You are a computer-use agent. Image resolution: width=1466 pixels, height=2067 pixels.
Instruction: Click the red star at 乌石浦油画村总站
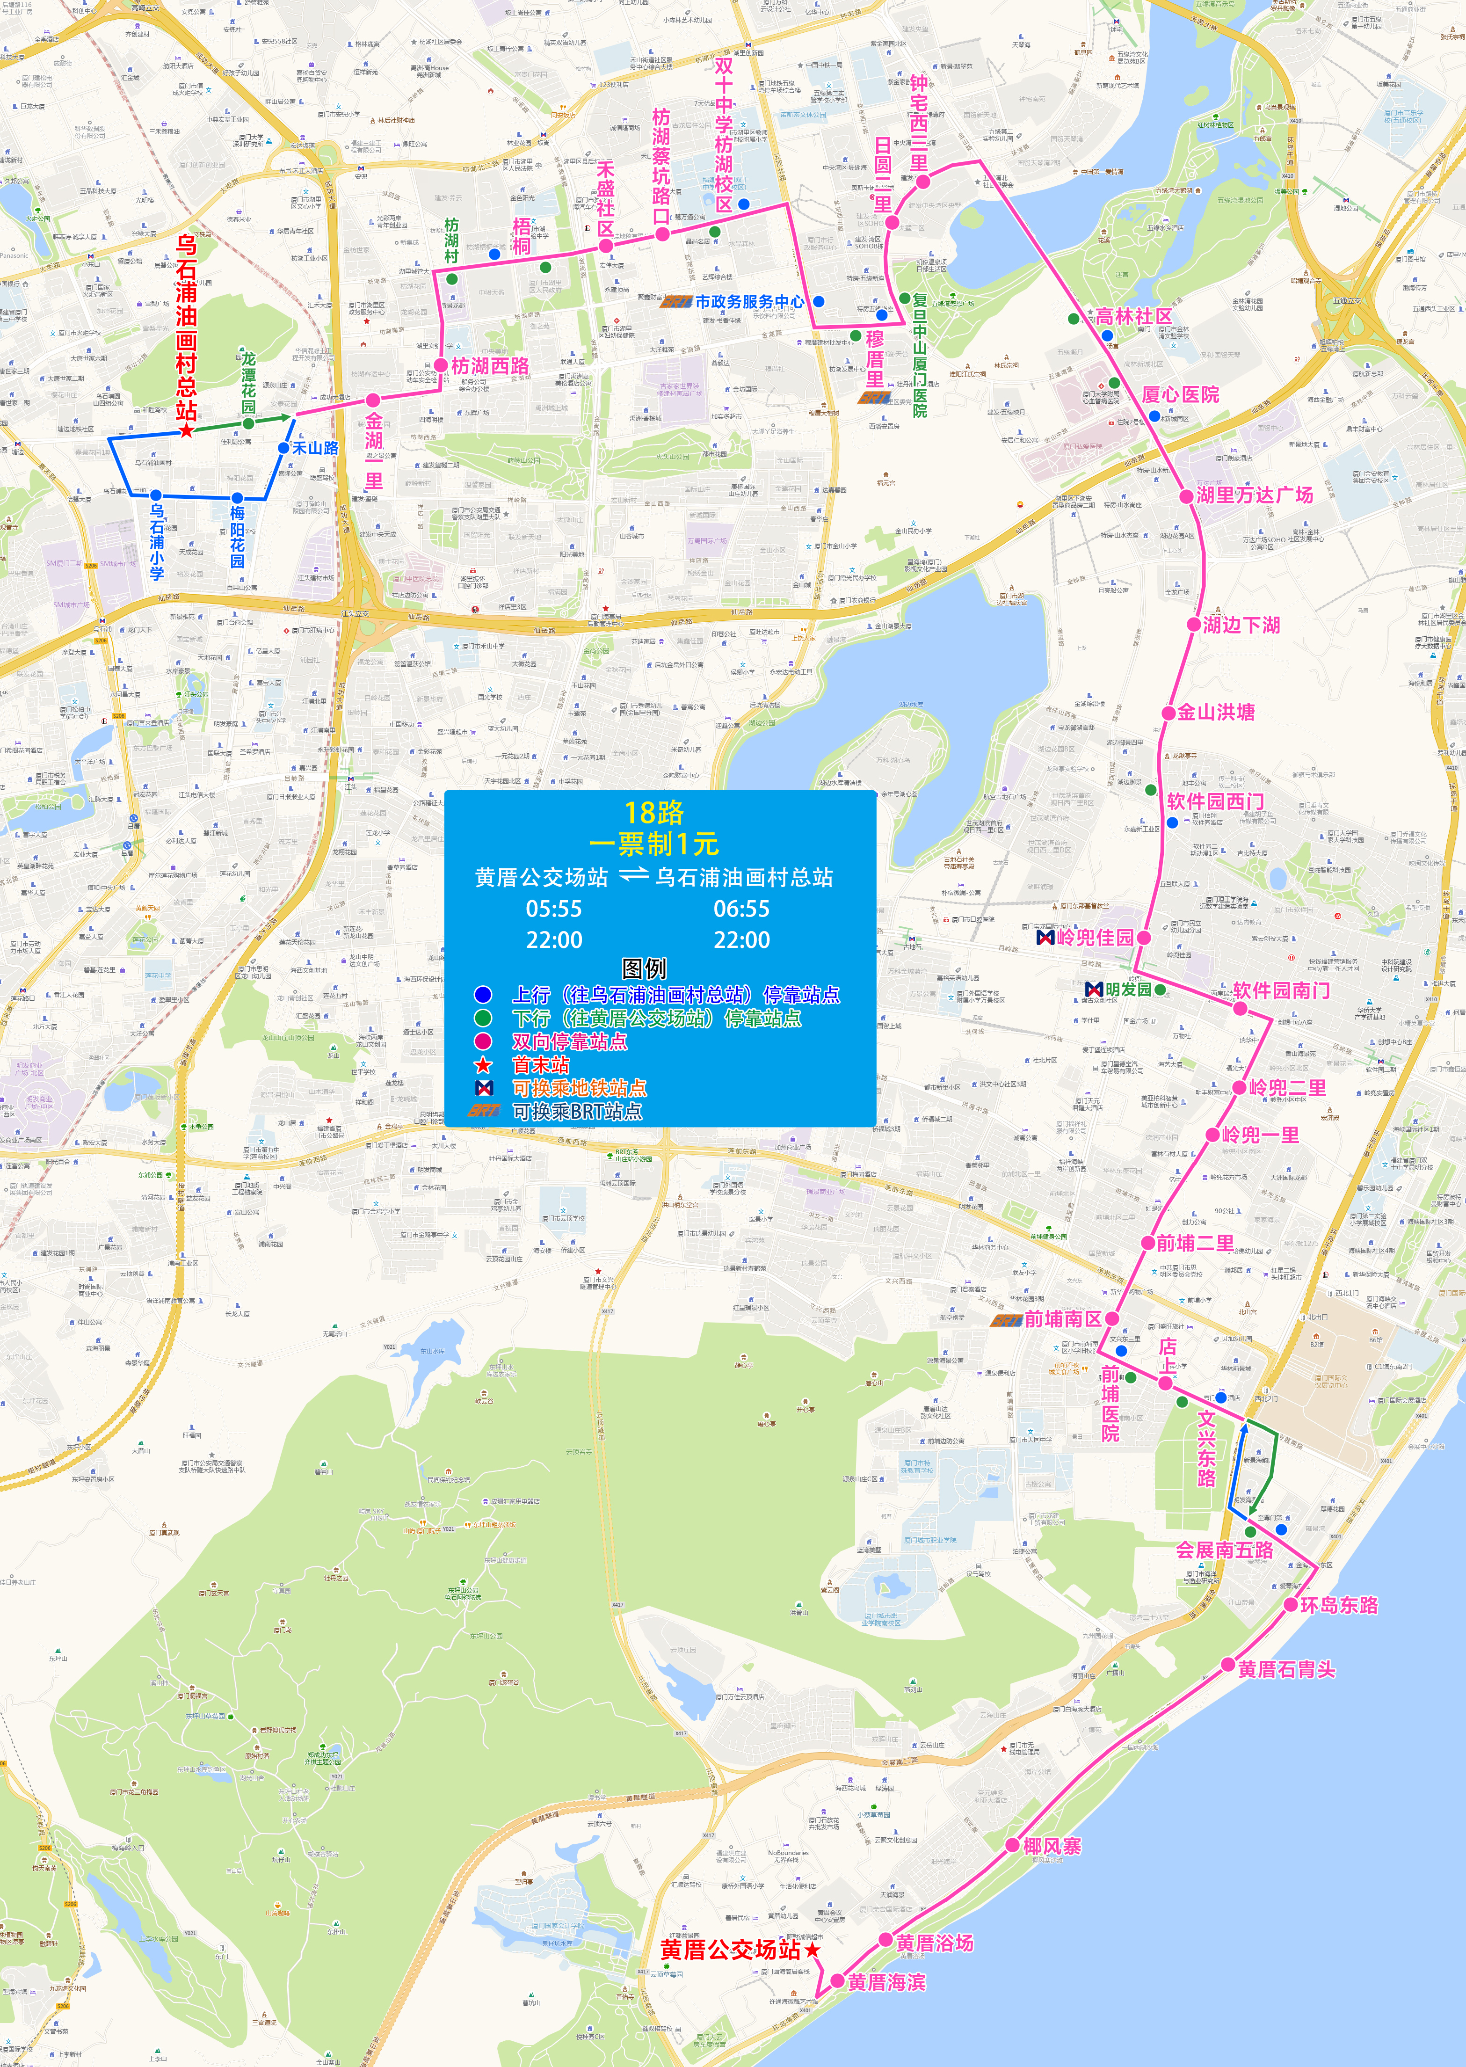click(186, 430)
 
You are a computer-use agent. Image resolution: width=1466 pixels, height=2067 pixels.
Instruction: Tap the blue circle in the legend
click(483, 995)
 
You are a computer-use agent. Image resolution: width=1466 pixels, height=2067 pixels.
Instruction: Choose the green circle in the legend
click(483, 1018)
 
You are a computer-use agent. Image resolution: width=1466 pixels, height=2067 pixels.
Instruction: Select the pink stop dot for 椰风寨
click(1012, 1846)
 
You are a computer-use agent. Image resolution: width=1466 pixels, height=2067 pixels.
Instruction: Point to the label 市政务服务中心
click(749, 301)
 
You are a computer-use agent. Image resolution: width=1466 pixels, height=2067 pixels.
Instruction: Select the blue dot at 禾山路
click(283, 448)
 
